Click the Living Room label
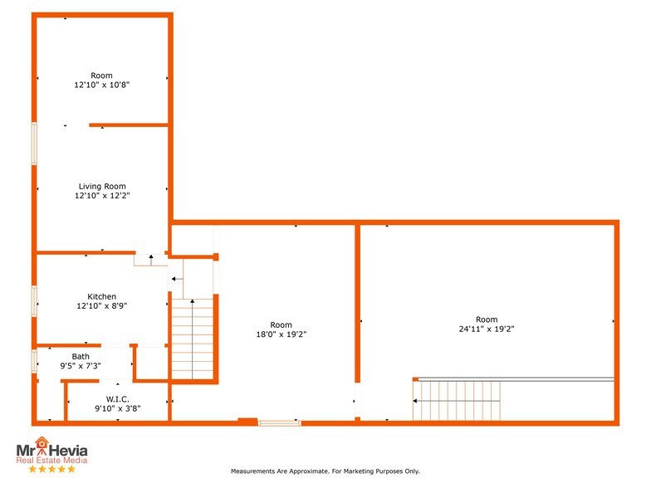click(x=102, y=186)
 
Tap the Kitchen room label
click(x=102, y=296)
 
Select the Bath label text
click(x=81, y=356)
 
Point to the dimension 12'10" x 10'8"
click(x=102, y=85)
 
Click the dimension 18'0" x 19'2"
click(x=281, y=334)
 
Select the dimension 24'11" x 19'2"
click(x=487, y=329)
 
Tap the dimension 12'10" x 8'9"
click(x=102, y=305)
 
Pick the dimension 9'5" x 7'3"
click(x=81, y=365)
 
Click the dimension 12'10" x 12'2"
click(x=102, y=196)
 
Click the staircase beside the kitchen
click(x=193, y=339)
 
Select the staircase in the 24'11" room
click(x=458, y=401)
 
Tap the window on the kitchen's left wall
click(x=34, y=300)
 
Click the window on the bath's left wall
click(x=34, y=361)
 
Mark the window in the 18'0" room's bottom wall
click(x=279, y=423)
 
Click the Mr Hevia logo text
click(x=51, y=451)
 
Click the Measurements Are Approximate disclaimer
click(x=325, y=471)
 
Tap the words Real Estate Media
click(x=51, y=461)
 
